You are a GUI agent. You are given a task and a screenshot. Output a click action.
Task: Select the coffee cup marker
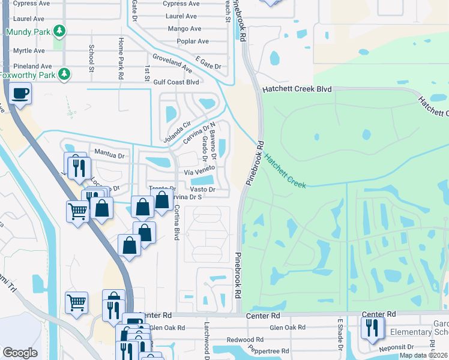click(x=20, y=94)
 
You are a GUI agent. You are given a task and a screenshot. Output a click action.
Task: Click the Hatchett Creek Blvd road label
click(x=297, y=89)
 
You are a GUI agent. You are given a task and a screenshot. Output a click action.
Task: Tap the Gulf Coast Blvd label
click(x=176, y=82)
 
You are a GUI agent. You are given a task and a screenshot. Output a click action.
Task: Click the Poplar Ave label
click(x=193, y=41)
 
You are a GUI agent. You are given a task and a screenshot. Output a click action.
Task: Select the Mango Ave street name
click(x=184, y=29)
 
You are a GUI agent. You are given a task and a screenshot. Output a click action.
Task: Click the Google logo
click(x=20, y=353)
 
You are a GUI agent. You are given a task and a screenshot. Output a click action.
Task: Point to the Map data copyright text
click(x=424, y=355)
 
